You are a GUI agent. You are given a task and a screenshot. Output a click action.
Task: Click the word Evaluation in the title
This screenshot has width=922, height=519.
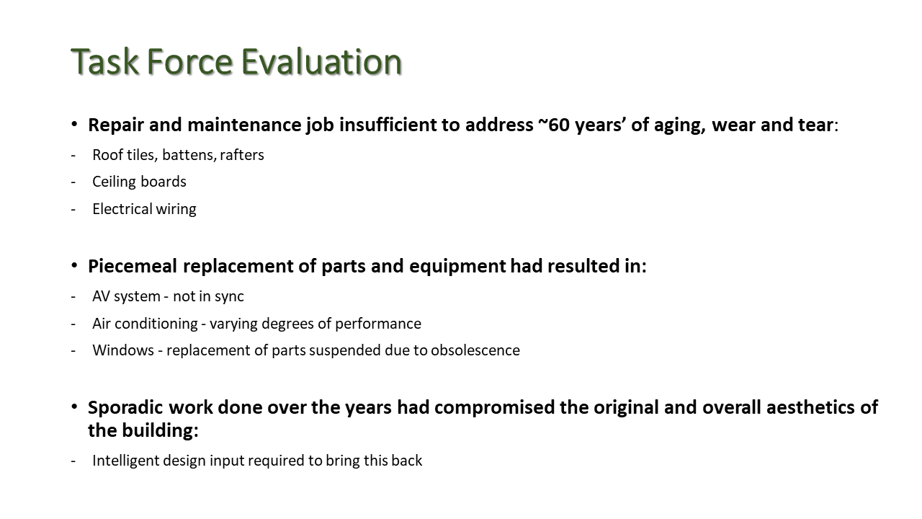(x=321, y=62)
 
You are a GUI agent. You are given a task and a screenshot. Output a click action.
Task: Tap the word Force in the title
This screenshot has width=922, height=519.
(x=189, y=62)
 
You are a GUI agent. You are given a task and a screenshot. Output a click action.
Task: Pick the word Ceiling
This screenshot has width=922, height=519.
(x=115, y=182)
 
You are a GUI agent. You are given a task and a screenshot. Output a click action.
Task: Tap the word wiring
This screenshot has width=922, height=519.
(x=176, y=209)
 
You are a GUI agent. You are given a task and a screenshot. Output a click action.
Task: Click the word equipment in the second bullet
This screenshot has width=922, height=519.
(x=457, y=266)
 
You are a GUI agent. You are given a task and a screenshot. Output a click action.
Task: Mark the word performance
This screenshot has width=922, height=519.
(x=378, y=324)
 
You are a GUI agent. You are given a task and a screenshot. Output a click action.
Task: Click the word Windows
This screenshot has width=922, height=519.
(x=123, y=350)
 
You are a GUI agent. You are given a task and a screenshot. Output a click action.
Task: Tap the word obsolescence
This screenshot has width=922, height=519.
(x=475, y=350)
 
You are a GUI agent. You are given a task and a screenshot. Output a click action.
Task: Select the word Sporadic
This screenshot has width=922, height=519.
(x=125, y=407)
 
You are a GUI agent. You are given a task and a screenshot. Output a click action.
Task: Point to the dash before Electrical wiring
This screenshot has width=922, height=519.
(x=73, y=210)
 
